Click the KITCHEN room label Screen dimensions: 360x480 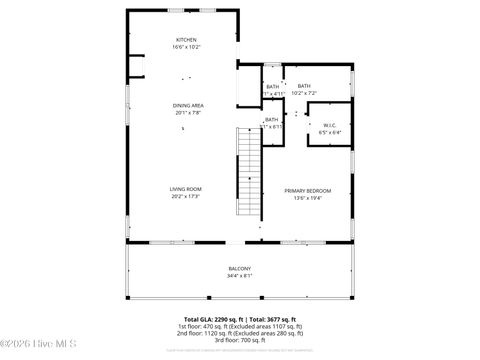point(186,40)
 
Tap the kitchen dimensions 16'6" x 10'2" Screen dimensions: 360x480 point(186,47)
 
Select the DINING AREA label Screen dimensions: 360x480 point(189,105)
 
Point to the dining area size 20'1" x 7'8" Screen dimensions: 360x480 point(189,112)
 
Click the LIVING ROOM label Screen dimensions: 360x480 point(186,189)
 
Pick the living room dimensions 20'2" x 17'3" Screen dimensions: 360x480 point(186,196)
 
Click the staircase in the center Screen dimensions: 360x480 point(248,175)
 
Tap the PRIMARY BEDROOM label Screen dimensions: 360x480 point(307,191)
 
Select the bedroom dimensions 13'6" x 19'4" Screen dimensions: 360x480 point(307,198)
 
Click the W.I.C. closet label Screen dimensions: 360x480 point(329,124)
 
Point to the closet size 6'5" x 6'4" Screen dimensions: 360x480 point(329,131)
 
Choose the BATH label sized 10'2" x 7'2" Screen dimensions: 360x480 point(304,86)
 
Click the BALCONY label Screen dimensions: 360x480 point(239,269)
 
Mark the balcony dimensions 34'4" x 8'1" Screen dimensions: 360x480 point(239,276)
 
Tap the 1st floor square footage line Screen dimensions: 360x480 point(240,326)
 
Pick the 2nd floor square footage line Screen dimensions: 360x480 point(240,333)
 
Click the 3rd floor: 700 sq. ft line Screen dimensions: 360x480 point(240,340)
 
